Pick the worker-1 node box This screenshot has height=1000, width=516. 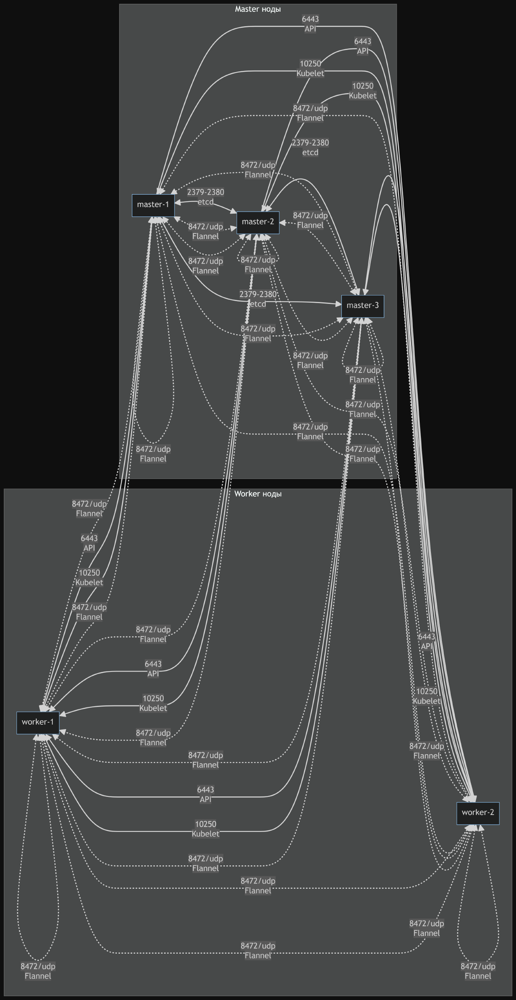38,722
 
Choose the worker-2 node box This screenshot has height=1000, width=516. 478,813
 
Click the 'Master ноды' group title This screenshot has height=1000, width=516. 258,9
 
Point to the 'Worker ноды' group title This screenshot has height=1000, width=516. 258,494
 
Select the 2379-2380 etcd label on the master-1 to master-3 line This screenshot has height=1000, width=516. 258,299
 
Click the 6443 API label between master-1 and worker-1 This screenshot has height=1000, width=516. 89,543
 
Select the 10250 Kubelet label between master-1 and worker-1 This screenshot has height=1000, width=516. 89,578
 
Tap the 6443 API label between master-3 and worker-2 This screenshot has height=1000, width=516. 427,641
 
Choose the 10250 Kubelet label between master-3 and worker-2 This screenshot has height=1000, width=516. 427,696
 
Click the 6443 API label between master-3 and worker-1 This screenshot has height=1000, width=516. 206,794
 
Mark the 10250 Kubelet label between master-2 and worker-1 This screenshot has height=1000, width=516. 153,703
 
